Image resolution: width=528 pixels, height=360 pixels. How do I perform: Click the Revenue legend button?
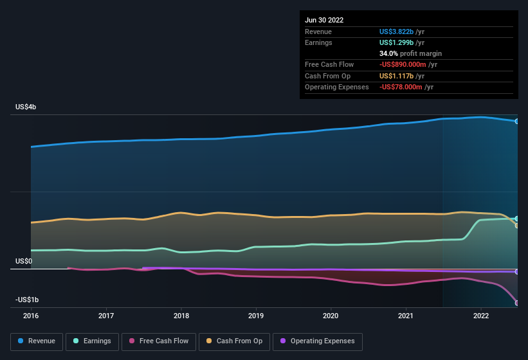[x=37, y=341]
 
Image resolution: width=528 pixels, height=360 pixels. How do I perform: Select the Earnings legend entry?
[x=91, y=341]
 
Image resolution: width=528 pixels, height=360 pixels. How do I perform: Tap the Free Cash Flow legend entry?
[x=158, y=341]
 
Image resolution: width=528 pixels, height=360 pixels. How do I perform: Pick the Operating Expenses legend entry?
[x=317, y=341]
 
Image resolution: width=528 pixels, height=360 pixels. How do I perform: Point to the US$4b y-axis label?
[x=26, y=107]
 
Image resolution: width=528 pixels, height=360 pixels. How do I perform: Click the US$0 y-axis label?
[x=24, y=261]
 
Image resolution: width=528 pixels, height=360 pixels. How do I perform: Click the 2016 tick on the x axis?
[x=31, y=316]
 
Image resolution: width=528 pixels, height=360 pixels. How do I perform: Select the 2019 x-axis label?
[x=256, y=316]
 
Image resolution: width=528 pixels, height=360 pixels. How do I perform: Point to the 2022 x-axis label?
[x=481, y=316]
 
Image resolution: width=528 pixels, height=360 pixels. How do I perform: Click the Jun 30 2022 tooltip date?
[x=324, y=20]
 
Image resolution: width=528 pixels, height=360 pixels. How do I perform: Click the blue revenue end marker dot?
[x=516, y=121]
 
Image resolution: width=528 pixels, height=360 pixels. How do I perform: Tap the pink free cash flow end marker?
[x=516, y=303]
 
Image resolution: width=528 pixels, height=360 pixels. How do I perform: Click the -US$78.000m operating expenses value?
[x=406, y=87]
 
